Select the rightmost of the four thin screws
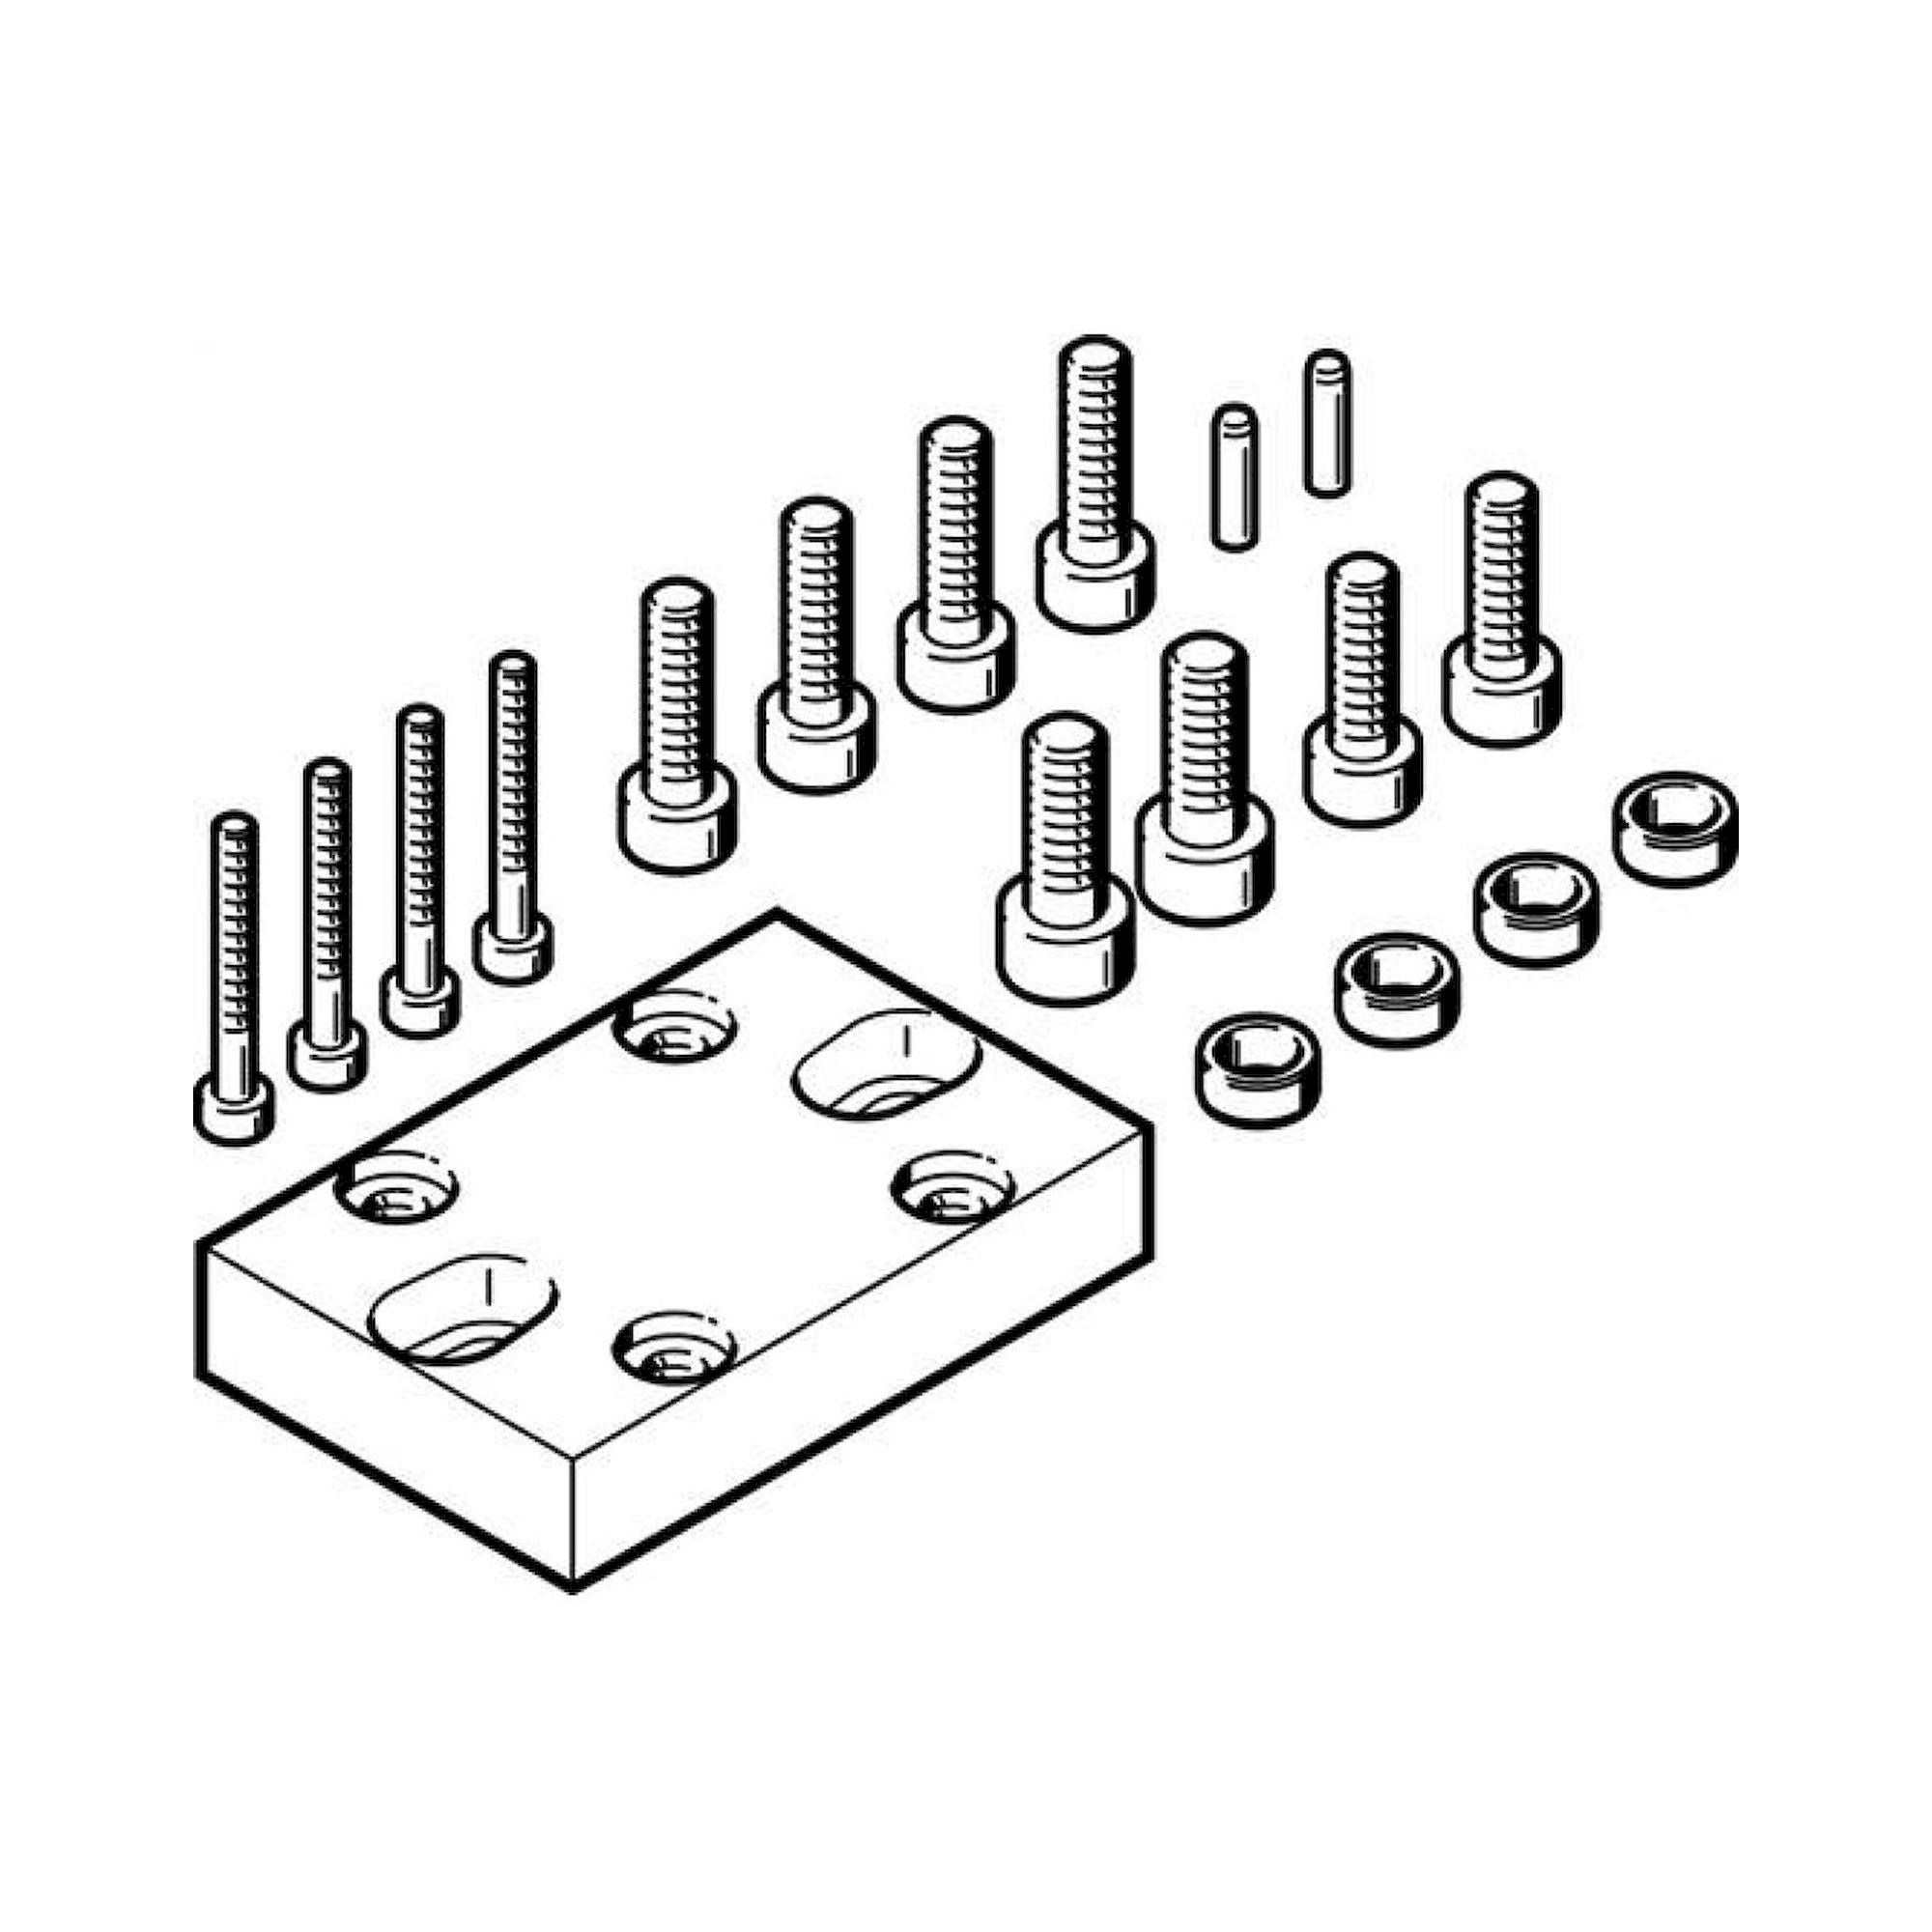tap(514, 820)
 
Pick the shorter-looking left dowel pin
tap(1234, 477)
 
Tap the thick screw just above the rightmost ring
tap(1501, 610)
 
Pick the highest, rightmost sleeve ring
tap(1675, 827)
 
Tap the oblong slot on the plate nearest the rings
tap(886, 1063)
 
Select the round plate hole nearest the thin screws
tap(395, 1189)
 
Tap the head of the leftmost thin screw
tap(234, 1110)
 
